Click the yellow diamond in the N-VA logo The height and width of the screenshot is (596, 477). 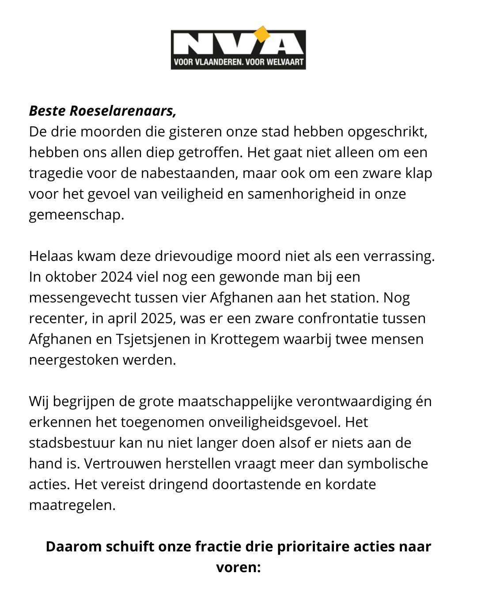tap(262, 34)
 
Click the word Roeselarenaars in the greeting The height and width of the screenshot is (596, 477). tap(123, 111)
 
